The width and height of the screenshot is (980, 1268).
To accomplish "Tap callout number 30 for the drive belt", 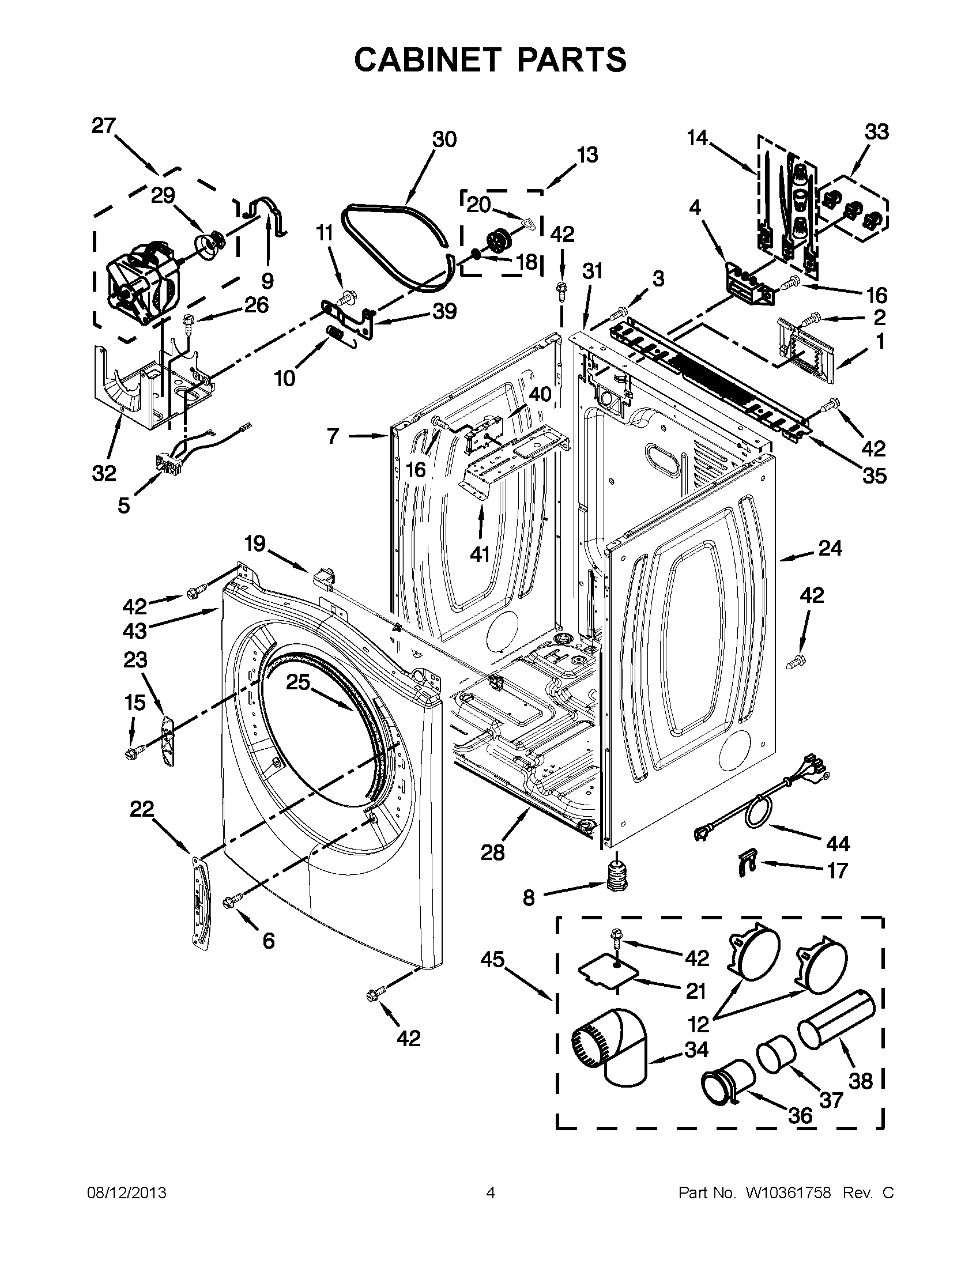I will (444, 139).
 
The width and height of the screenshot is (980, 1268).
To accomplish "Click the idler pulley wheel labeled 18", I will (497, 240).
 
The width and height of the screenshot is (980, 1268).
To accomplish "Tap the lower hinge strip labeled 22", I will (199, 900).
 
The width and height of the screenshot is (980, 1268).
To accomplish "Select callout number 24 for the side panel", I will (830, 548).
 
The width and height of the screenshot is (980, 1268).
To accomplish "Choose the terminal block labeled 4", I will (747, 285).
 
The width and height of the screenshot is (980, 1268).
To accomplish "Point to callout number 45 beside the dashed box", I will (492, 960).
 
